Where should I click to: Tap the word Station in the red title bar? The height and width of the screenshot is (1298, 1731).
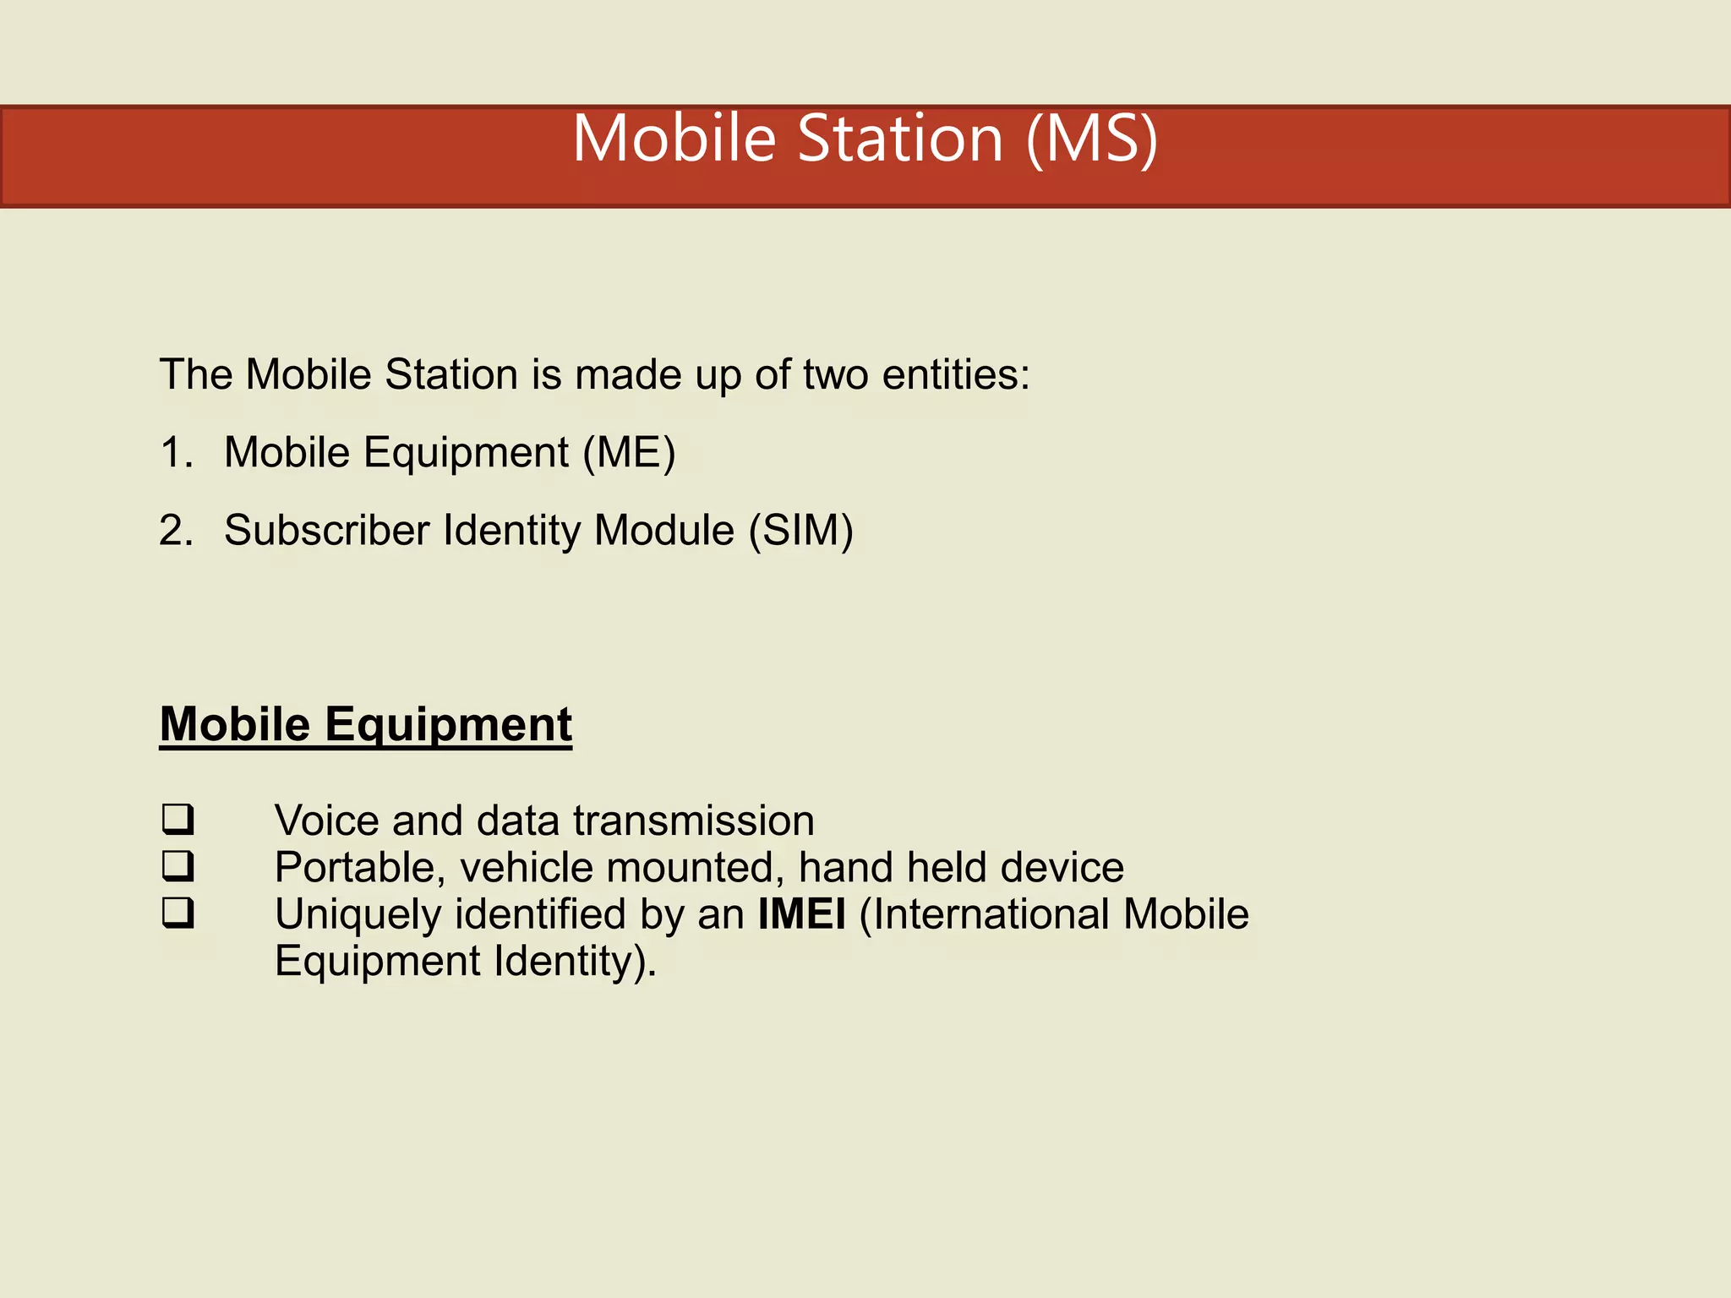pos(899,139)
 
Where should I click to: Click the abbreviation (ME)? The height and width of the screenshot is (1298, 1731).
pos(629,453)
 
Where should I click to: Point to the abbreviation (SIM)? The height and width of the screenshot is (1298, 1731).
pos(800,531)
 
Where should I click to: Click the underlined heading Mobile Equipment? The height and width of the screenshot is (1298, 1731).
pos(366,725)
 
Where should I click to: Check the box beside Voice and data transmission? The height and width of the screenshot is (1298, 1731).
pos(177,819)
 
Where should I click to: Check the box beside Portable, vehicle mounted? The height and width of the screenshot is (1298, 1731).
pos(177,865)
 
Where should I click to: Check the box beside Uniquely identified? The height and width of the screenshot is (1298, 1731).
pos(177,913)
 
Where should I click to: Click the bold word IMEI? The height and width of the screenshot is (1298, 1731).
pos(801,914)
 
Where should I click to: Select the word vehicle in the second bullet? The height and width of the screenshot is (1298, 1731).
pos(526,868)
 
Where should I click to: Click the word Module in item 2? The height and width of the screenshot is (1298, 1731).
pos(663,531)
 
